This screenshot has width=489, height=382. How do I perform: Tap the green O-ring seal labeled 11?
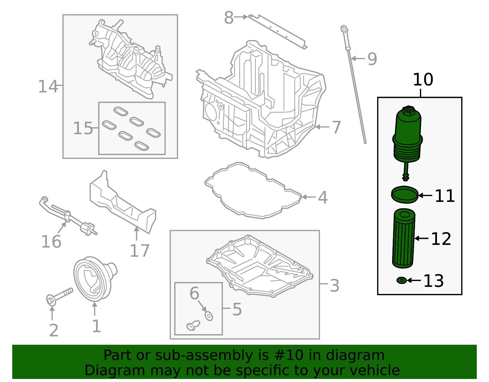pos(404,195)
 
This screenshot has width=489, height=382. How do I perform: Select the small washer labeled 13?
pos(401,280)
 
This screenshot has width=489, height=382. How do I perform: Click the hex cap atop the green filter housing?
pos(408,110)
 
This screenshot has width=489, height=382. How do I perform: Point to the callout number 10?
pos(423,80)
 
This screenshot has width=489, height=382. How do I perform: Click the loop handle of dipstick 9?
pos(344,29)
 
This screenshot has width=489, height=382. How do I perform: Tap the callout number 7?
pos(336,127)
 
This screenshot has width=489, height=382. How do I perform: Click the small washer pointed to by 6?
pos(209,316)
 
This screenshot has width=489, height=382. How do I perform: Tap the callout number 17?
pos(140,251)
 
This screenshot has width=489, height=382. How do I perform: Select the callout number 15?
pos(83,128)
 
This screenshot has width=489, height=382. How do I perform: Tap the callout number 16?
pos(51,242)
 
